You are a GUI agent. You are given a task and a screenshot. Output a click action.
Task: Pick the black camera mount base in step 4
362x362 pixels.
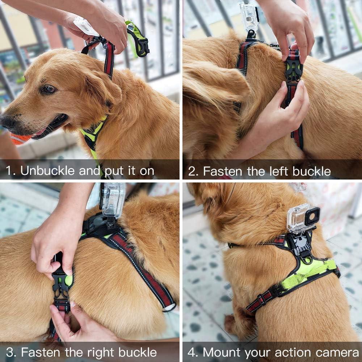pos(303,246)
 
